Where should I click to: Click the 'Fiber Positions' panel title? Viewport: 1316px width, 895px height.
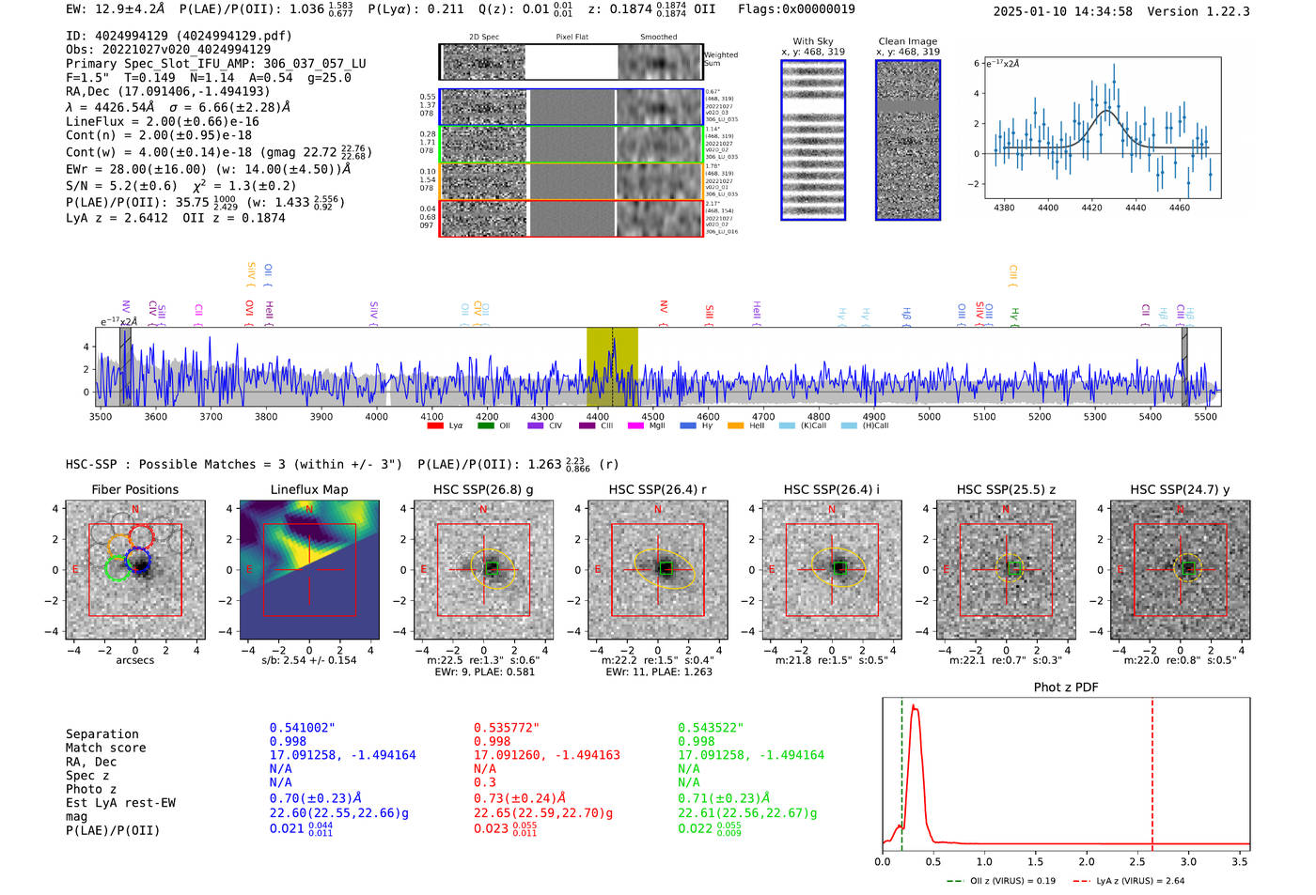pyautogui.click(x=134, y=489)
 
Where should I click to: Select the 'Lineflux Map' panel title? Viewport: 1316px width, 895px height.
pyautogui.click(x=308, y=489)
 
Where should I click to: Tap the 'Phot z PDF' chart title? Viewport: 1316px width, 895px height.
pyautogui.click(x=1065, y=687)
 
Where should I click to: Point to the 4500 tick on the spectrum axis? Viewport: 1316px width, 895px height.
pyautogui.click(x=652, y=416)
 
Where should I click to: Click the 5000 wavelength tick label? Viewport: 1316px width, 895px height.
pyautogui.click(x=929, y=416)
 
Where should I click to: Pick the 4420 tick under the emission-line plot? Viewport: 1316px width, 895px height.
pyautogui.click(x=1091, y=208)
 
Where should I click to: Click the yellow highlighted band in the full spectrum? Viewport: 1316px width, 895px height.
pyautogui.click(x=612, y=366)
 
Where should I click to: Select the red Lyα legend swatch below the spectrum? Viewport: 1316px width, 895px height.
pyautogui.click(x=435, y=426)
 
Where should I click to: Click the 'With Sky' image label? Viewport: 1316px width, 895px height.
pyautogui.click(x=813, y=41)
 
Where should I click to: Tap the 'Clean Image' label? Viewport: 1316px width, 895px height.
pyautogui.click(x=907, y=41)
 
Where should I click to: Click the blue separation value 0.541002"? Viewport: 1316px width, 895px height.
pyautogui.click(x=302, y=728)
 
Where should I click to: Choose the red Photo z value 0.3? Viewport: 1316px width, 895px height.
pyautogui.click(x=484, y=782)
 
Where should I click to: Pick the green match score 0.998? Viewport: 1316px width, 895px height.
pyautogui.click(x=697, y=741)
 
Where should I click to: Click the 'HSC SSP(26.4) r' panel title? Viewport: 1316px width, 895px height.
pyautogui.click(x=657, y=489)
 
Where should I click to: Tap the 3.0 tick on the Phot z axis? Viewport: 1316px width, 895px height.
pyautogui.click(x=1188, y=861)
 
